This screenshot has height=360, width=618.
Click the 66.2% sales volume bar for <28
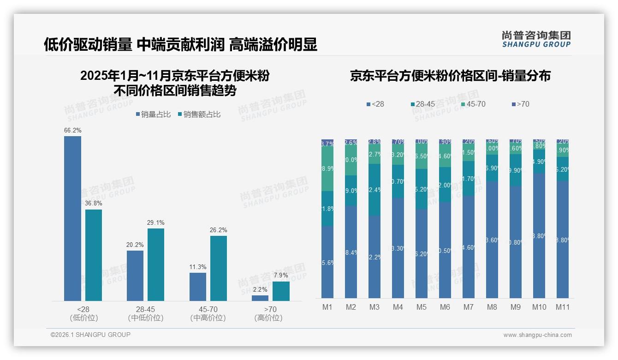pos(72,218)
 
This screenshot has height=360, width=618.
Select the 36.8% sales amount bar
pos(94,255)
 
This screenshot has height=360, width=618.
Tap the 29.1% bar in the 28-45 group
pos(156,264)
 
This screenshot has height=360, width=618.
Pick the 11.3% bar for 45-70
pos(197,287)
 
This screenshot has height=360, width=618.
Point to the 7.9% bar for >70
pos(281,291)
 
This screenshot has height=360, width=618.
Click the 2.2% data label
pos(260,289)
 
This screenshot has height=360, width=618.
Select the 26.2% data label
pos(218,230)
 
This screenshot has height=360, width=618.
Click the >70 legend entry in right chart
pos(520,104)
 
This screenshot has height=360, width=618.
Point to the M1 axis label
pos(327,307)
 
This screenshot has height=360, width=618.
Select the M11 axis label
pos(562,307)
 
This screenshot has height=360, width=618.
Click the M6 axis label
pos(445,307)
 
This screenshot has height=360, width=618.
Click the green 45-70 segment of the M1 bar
pos(327,168)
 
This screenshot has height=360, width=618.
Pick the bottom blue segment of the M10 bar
pos(539,235)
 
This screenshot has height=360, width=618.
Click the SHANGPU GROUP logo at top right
pos(536,39)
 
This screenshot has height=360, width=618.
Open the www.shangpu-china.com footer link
pos(537,335)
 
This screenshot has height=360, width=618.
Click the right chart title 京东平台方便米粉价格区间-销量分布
pos(450,76)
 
